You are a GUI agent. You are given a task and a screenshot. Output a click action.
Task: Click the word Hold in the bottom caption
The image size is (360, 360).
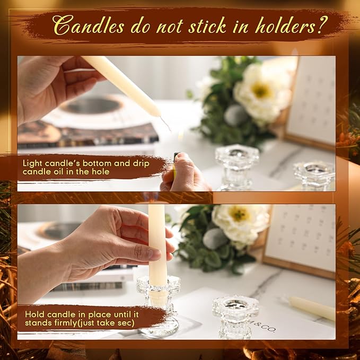tap(34, 313)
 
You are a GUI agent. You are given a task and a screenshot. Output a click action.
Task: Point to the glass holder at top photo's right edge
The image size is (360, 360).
tap(314, 175)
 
